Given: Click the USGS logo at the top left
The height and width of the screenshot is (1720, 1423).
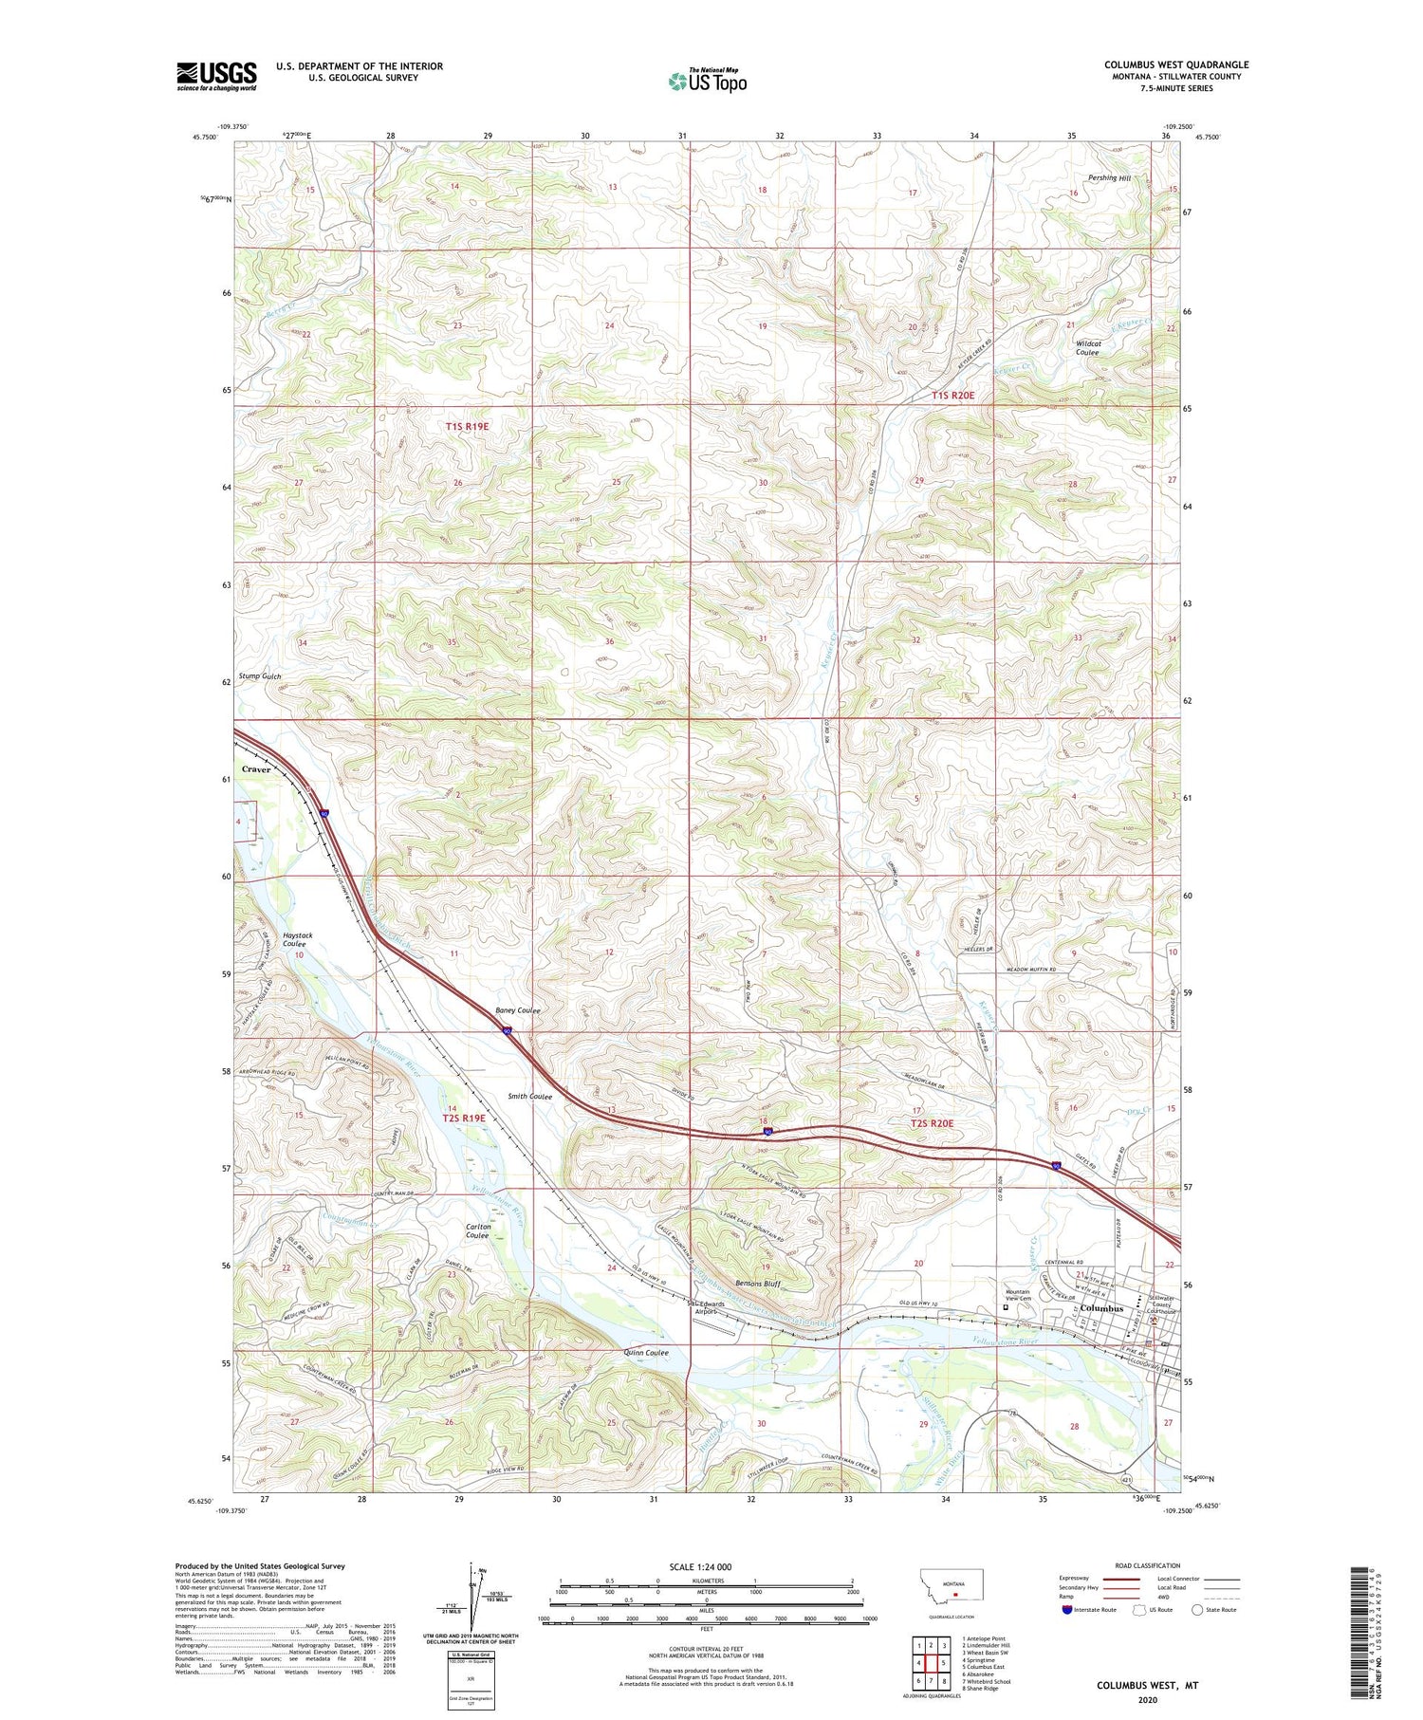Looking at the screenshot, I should coord(216,76).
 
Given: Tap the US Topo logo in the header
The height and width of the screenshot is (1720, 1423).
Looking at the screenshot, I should coord(707,81).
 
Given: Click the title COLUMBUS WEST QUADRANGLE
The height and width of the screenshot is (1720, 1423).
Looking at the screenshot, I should coord(1175,65).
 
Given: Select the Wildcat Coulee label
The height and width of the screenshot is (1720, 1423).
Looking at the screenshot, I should coord(1088,348).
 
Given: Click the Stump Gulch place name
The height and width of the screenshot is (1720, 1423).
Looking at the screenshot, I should coord(259,676).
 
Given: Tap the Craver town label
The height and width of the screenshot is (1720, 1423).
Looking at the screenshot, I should coord(256,769).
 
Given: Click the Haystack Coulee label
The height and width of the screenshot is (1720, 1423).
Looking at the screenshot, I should coord(297,939).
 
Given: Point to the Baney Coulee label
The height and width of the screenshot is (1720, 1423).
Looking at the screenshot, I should coord(518,1011).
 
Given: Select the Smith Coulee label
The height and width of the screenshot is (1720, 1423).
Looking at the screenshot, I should coord(529,1097).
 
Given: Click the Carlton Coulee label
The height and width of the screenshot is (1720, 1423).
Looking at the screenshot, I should coord(477,1231).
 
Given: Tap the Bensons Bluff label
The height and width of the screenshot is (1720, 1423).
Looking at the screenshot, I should coord(757,1284).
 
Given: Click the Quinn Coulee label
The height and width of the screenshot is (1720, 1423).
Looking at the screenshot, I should coord(646,1353).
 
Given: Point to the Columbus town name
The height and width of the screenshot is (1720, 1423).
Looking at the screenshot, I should coord(1101,1308).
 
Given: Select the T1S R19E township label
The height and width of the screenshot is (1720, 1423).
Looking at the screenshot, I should coord(467,427).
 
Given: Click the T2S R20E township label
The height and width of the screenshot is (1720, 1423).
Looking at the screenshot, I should coord(932,1123).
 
